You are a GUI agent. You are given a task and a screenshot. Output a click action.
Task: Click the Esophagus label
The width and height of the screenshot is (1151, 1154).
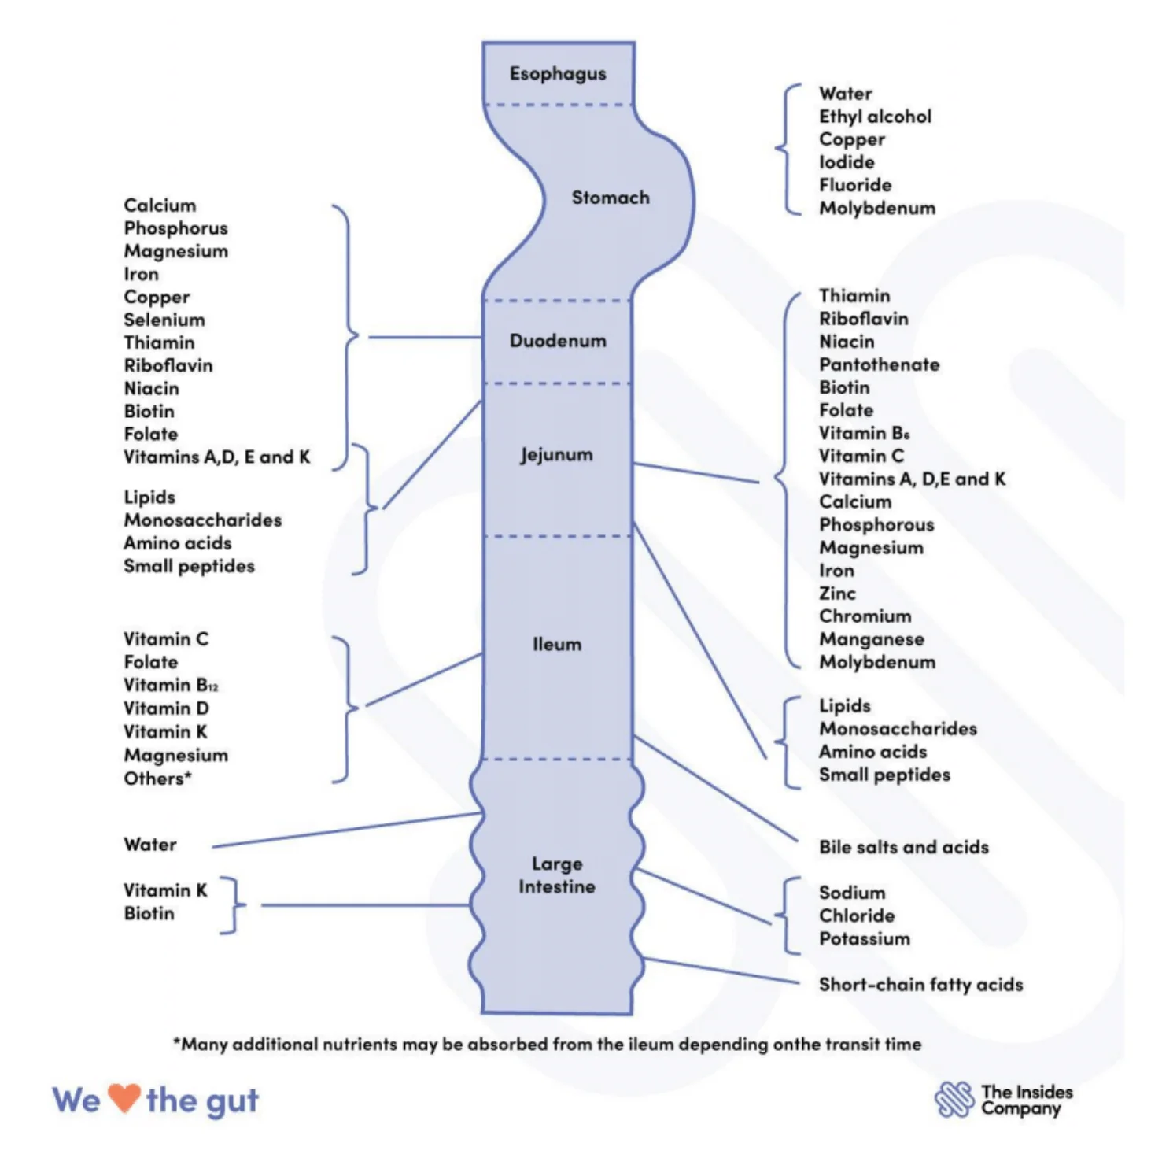(x=558, y=74)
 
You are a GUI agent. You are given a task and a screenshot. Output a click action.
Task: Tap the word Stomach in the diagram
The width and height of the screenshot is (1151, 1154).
(x=611, y=198)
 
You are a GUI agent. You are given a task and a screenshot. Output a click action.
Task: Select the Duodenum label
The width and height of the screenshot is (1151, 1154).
(x=558, y=341)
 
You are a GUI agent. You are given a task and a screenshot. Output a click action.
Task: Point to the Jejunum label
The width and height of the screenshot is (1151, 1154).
(x=556, y=455)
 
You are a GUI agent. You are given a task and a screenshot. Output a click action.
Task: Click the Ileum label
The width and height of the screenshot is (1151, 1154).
(x=557, y=645)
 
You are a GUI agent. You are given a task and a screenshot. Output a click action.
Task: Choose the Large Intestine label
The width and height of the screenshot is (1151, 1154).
(x=557, y=875)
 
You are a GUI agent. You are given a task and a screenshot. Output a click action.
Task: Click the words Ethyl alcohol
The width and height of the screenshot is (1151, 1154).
(x=875, y=117)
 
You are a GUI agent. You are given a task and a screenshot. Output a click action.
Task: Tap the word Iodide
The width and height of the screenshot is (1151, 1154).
(x=847, y=162)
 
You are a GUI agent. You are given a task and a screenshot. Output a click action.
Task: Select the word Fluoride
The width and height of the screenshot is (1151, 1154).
(x=855, y=185)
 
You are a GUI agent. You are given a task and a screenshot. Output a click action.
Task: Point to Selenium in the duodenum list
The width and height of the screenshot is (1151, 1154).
(x=164, y=320)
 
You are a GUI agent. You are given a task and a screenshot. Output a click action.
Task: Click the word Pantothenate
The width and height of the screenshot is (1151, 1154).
(x=879, y=364)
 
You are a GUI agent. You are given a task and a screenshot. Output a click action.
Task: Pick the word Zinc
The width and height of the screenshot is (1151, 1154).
(x=837, y=594)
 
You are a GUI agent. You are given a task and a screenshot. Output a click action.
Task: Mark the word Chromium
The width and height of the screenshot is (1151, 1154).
(x=865, y=616)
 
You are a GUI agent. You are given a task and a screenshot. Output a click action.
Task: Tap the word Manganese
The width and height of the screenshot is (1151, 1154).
(x=871, y=639)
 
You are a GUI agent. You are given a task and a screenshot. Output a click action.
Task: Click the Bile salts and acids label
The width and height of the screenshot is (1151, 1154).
(x=903, y=847)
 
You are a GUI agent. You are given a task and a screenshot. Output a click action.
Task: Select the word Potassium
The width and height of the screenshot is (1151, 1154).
(x=864, y=938)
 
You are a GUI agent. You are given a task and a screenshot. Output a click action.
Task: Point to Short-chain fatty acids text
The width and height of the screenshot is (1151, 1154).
(x=920, y=985)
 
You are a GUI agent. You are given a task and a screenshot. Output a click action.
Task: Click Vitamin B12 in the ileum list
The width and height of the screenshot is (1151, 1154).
(x=170, y=685)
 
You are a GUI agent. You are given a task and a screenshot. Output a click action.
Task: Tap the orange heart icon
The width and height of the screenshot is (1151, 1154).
(x=124, y=1098)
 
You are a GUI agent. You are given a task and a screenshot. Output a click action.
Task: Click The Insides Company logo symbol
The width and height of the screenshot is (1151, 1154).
(x=954, y=1100)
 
